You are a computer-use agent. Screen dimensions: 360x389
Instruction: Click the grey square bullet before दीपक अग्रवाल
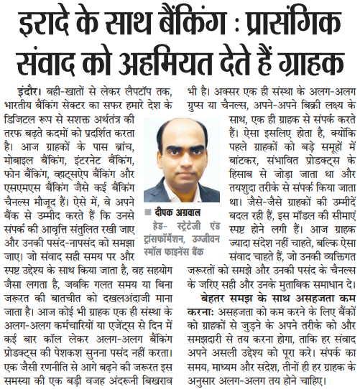pos(149,213)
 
